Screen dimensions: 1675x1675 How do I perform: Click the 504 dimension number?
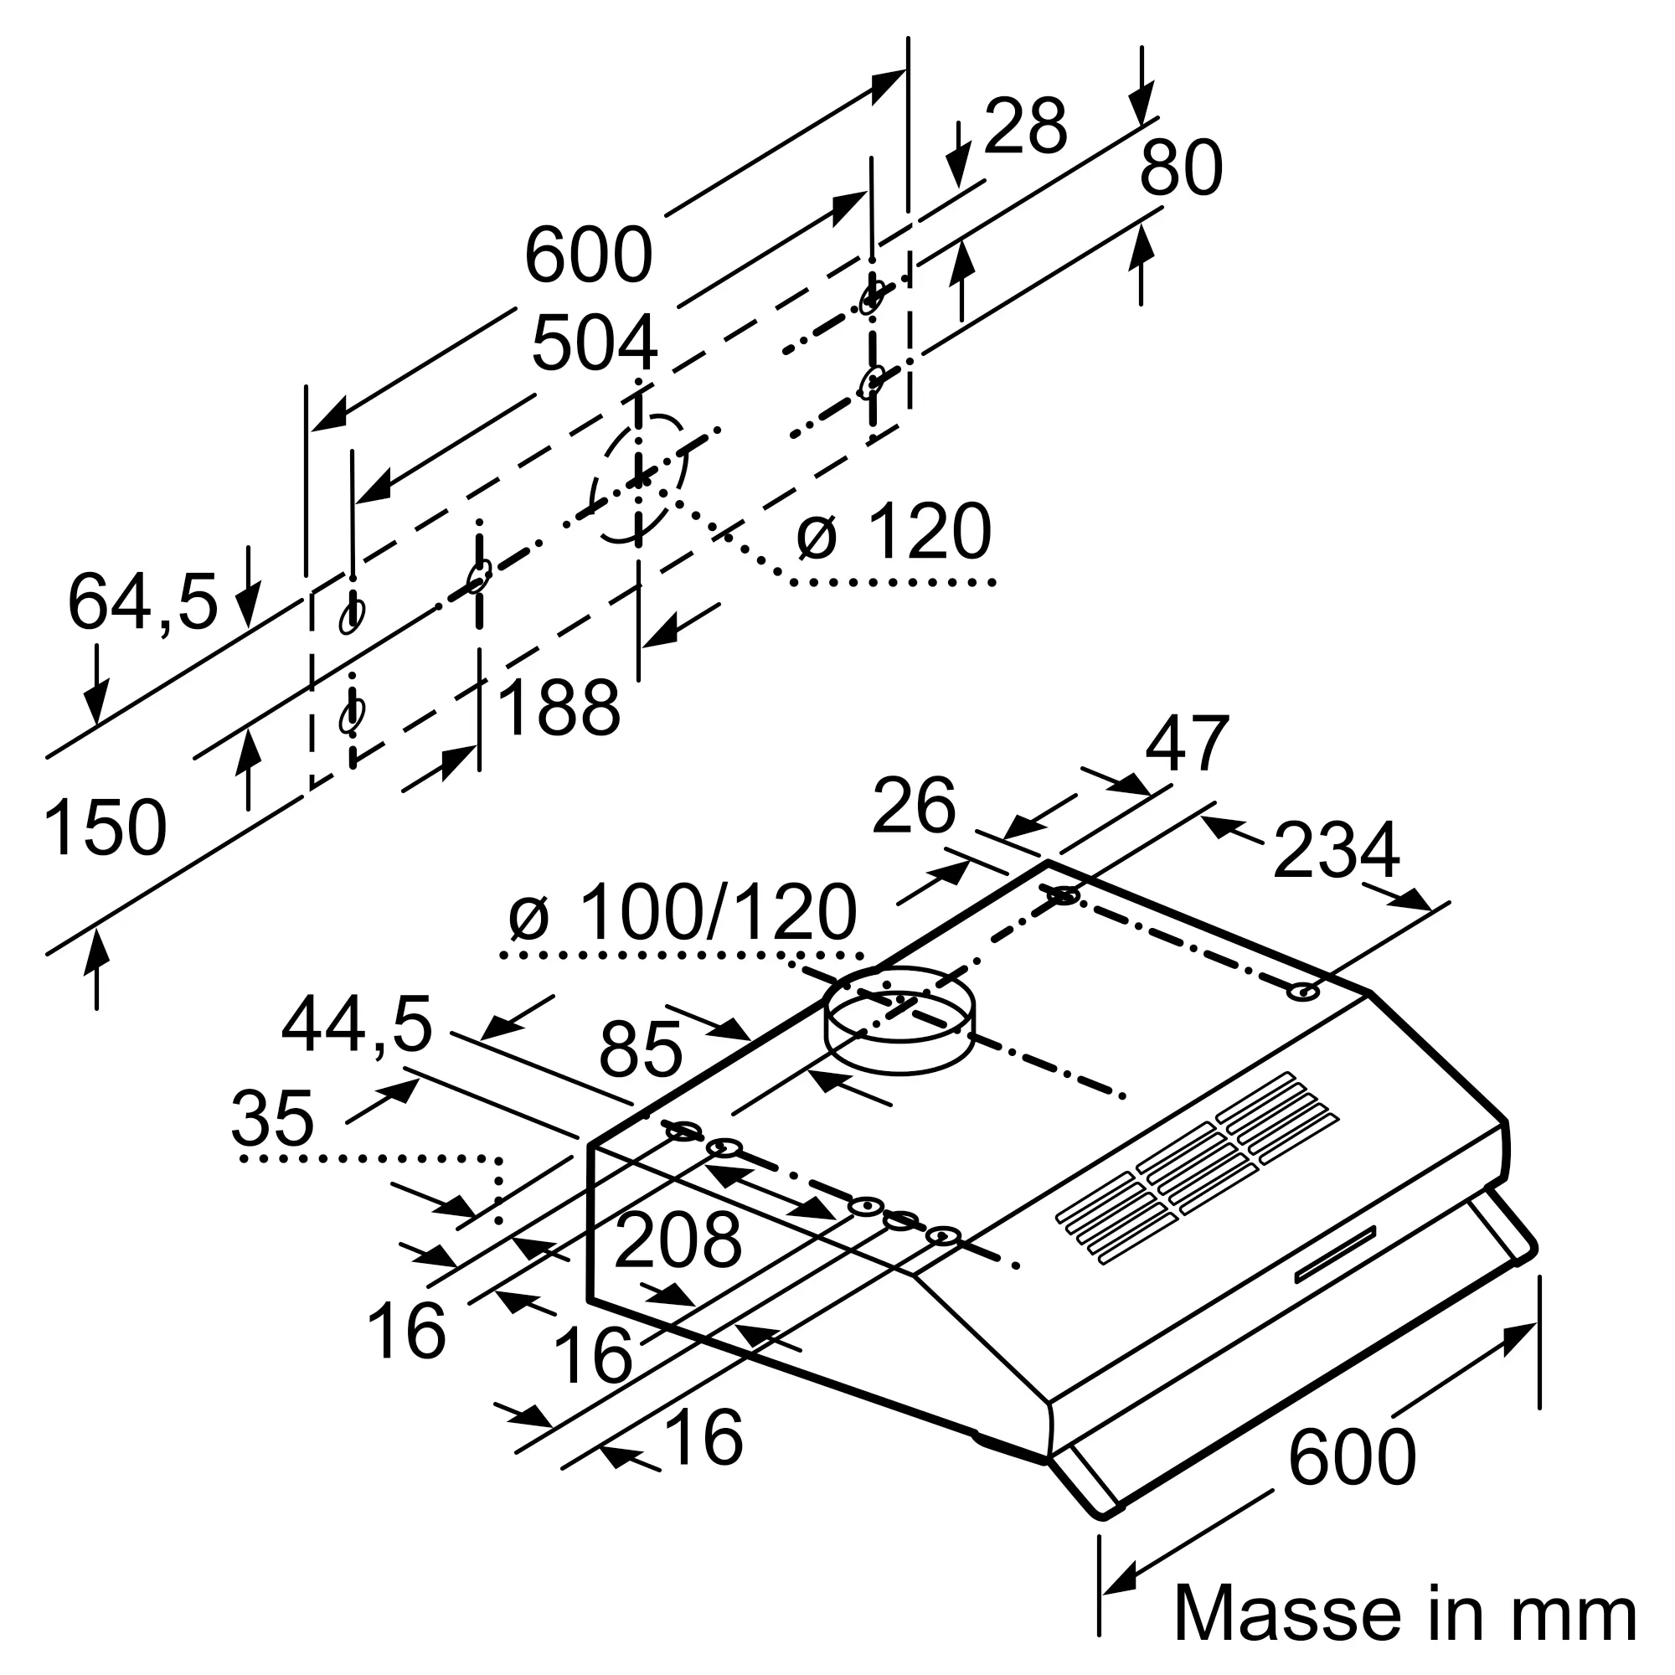click(594, 344)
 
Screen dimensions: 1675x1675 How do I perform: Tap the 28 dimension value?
click(1025, 126)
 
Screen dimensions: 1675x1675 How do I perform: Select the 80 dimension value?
click(1181, 167)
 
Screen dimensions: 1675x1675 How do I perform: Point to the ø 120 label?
click(894, 532)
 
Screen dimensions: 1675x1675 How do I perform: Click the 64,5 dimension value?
click(143, 601)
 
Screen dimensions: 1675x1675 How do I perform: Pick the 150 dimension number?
click(105, 829)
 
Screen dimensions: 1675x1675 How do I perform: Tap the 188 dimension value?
click(559, 708)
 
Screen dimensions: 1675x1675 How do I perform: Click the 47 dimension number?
click(1187, 743)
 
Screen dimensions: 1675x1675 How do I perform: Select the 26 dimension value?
click(914, 807)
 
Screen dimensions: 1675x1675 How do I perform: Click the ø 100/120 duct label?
click(683, 912)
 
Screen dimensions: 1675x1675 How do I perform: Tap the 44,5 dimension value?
click(356, 1026)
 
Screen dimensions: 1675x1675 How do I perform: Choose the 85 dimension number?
click(641, 1049)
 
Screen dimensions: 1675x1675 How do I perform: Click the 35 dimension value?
click(272, 1118)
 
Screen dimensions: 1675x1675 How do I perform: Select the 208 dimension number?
click(678, 1240)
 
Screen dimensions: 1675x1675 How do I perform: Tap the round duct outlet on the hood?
click(899, 1019)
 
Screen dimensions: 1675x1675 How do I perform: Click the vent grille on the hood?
click(1197, 1167)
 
